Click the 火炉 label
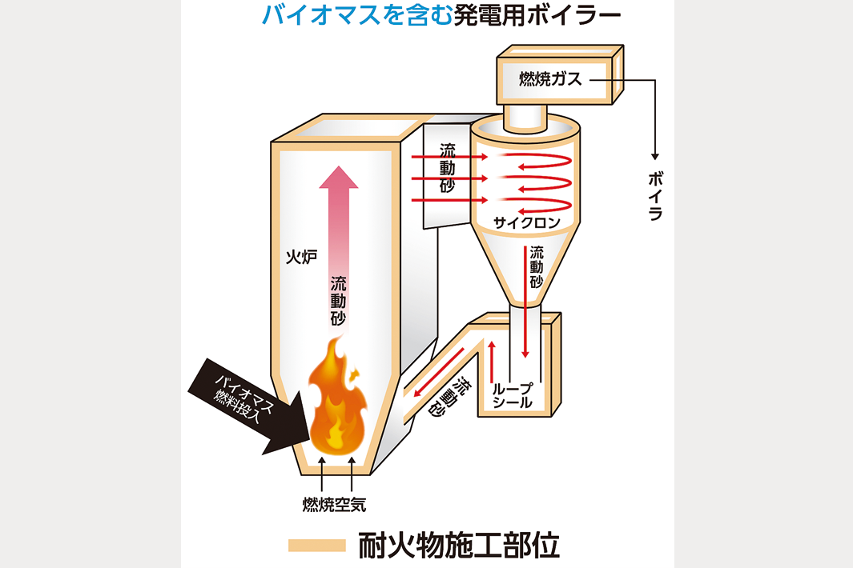[x=302, y=257]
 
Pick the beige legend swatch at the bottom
[x=316, y=546]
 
